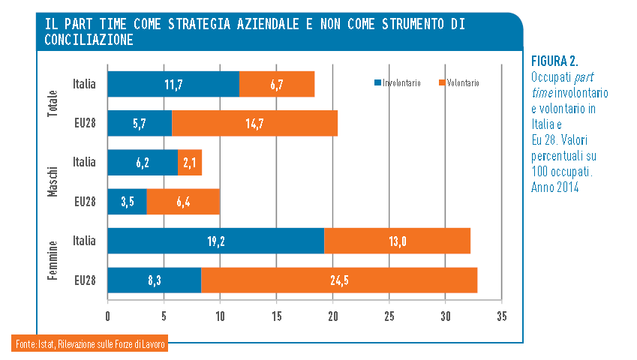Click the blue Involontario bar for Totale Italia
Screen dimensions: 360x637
tap(173, 84)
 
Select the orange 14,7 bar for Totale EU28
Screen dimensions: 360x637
tap(254, 124)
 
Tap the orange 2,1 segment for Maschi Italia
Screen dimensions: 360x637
tap(190, 162)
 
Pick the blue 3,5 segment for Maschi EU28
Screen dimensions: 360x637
tap(127, 202)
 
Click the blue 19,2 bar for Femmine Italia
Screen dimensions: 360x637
tap(216, 241)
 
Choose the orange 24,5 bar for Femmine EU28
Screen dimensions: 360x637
tap(339, 280)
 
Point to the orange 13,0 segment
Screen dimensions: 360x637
tap(397, 241)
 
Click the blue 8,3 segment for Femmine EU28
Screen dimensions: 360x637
tap(155, 280)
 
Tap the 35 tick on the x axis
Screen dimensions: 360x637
tap(501, 315)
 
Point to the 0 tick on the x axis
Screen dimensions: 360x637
tap(108, 315)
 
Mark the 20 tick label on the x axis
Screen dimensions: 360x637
tap(332, 315)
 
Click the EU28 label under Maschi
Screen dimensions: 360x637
tap(85, 202)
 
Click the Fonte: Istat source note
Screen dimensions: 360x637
tap(89, 344)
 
